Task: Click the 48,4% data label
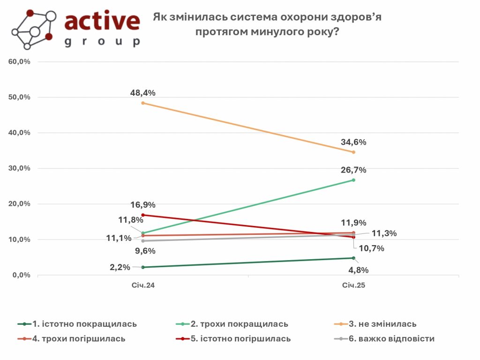[x=143, y=93]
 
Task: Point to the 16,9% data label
[x=143, y=205]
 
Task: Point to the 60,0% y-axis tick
[x=19, y=62]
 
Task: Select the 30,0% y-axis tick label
[x=19, y=168]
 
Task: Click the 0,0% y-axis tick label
[x=21, y=275]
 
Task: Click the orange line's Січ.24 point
[x=143, y=103]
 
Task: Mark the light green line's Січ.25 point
[x=353, y=180]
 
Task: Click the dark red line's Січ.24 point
[x=143, y=215]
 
